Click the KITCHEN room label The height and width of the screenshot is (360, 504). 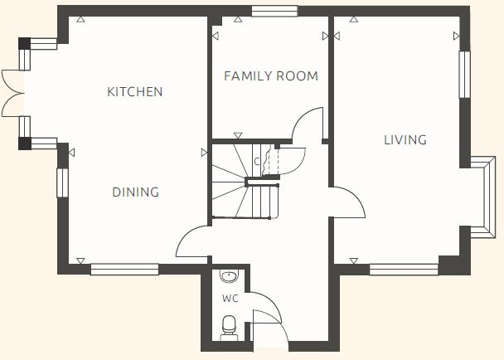click(135, 91)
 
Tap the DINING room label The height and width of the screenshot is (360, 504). click(136, 192)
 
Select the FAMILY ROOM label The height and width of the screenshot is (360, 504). click(271, 76)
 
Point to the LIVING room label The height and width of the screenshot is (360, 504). click(405, 139)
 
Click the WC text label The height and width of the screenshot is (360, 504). click(230, 297)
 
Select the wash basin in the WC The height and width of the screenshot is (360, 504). click(230, 277)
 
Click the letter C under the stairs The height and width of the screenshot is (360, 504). click(257, 162)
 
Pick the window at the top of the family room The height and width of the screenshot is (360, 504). click(274, 11)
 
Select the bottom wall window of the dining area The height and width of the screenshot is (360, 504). click(124, 269)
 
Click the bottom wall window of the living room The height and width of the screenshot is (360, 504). click(404, 269)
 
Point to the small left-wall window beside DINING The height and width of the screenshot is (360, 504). click(61, 182)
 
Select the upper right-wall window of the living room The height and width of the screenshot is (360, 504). click(464, 75)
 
